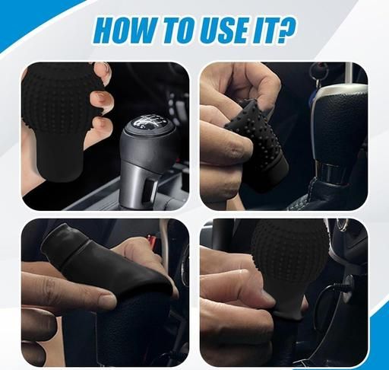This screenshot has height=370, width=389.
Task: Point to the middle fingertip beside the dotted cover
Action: pyautogui.click(x=103, y=100)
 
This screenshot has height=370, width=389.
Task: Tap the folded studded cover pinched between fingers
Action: pyautogui.click(x=256, y=142)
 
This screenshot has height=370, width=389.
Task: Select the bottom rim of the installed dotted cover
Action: pyautogui.click(x=289, y=315)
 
